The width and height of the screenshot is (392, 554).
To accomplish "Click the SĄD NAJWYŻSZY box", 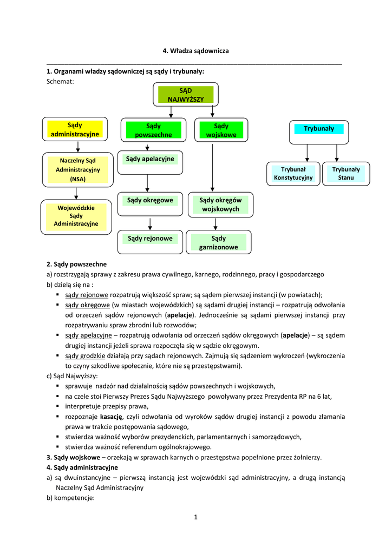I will click(185, 95).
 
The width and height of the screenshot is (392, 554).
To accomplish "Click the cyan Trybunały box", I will click(319, 129).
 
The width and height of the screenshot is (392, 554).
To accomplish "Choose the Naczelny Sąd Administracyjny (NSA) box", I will click(76, 169).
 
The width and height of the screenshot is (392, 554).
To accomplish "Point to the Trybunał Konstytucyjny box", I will click(293, 174).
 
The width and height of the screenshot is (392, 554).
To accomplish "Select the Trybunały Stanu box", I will click(345, 174).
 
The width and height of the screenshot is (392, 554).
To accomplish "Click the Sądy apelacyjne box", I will click(150, 159).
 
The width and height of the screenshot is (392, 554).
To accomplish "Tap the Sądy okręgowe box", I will click(150, 201).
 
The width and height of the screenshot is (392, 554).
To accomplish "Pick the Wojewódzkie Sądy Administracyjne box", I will click(76, 215).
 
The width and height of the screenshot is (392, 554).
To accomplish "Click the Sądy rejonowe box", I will click(150, 239).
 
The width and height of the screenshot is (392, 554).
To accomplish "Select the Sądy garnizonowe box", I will click(218, 242).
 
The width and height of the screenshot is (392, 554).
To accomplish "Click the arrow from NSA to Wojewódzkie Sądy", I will click(77, 194).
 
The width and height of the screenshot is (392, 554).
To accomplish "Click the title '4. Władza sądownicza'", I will click(195, 51).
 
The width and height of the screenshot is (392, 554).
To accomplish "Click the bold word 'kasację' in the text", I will click(112, 417).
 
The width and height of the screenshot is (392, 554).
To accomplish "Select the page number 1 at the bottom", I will click(196, 517).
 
